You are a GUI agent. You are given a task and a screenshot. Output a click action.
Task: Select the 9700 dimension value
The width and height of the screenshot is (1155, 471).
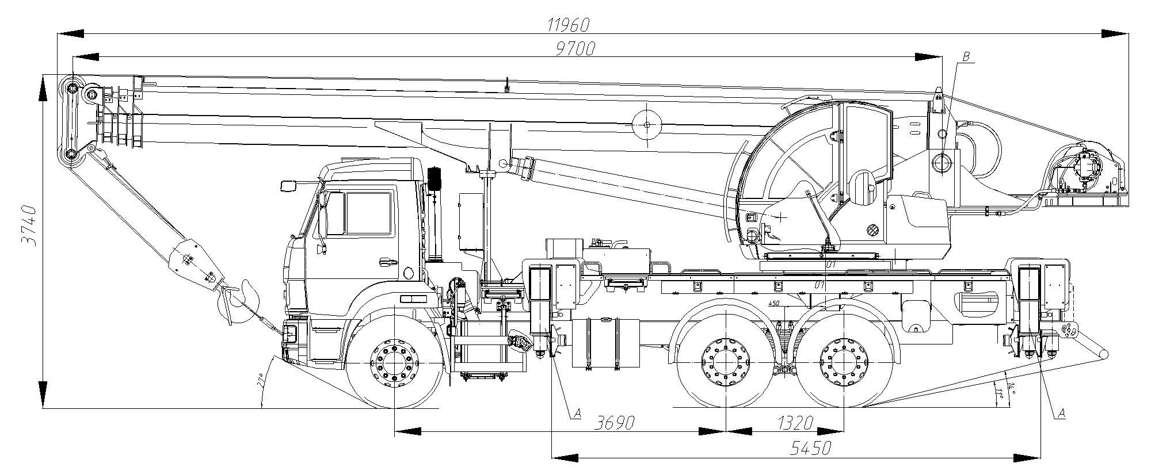575,49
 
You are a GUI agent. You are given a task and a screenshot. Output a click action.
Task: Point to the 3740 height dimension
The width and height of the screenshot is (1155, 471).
29,225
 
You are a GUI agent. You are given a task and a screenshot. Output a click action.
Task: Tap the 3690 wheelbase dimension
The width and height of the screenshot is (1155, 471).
614,423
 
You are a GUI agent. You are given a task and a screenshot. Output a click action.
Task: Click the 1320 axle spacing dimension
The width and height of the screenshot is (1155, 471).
795,423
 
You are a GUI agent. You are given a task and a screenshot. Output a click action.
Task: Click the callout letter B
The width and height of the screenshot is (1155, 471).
966,56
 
